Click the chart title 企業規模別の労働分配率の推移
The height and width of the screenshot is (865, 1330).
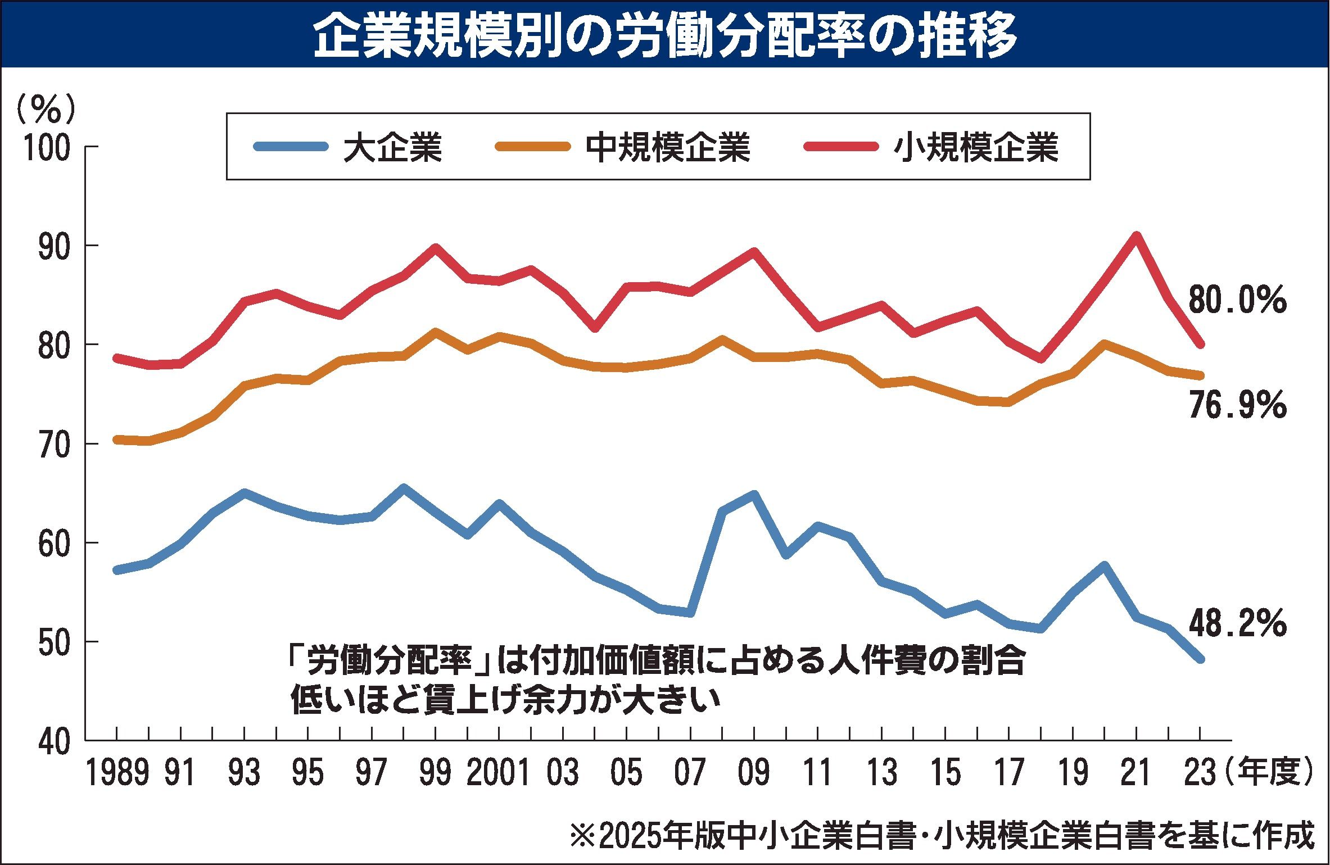pyautogui.click(x=665, y=35)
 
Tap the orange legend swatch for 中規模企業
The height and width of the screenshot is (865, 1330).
pyautogui.click(x=532, y=147)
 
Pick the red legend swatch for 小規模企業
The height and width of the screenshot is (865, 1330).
pyautogui.click(x=840, y=147)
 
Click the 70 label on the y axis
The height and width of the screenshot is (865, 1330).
pyautogui.click(x=54, y=444)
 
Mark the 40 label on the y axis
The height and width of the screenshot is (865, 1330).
pyautogui.click(x=54, y=741)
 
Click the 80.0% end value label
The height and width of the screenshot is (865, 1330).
pyautogui.click(x=1237, y=301)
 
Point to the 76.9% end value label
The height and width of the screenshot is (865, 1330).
pyautogui.click(x=1237, y=406)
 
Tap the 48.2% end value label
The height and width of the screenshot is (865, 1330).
pyautogui.click(x=1237, y=624)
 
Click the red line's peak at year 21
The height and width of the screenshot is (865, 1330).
pyautogui.click(x=1136, y=236)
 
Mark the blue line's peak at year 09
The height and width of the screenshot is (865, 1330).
pyautogui.click(x=754, y=495)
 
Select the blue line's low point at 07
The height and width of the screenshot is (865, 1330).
pyautogui.click(x=690, y=613)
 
